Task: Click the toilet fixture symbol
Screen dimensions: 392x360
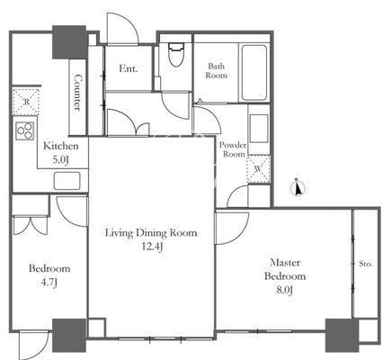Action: (176, 55)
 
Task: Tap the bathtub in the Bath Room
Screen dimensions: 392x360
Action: (254, 73)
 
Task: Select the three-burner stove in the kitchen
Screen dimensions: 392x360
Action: (25, 130)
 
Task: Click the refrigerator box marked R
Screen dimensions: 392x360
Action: (26, 102)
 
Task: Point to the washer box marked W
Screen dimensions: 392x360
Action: (258, 169)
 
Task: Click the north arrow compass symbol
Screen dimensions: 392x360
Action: (298, 189)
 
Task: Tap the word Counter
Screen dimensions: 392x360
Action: (78, 93)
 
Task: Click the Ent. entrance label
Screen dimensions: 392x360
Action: (129, 68)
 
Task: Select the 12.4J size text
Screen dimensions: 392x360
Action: (152, 247)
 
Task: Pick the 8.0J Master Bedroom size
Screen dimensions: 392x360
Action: (284, 290)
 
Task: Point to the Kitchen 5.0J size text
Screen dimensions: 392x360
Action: (60, 160)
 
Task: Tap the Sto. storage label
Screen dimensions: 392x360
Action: (366, 264)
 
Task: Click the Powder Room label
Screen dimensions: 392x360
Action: (233, 149)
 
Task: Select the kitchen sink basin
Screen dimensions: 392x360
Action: (67, 181)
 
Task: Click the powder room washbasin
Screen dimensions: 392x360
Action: (259, 129)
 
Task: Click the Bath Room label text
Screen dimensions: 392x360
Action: (216, 70)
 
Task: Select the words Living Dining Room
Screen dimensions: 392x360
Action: (151, 233)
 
